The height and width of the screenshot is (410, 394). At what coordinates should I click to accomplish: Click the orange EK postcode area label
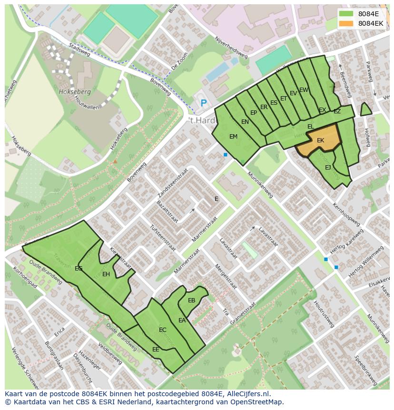[320, 140]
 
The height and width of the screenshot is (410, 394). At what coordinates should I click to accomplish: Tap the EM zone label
[233, 137]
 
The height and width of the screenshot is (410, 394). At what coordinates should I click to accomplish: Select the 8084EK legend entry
[370, 23]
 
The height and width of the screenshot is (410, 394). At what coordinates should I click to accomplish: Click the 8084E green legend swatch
[346, 14]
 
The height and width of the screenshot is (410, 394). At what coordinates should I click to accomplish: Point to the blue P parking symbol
[204, 103]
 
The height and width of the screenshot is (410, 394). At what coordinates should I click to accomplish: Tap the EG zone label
[79, 269]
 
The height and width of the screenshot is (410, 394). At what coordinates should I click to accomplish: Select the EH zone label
[106, 274]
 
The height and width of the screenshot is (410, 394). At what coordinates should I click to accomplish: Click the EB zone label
[191, 300]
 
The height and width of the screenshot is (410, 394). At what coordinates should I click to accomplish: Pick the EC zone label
[163, 330]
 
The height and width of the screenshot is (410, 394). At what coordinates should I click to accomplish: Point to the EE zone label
[156, 350]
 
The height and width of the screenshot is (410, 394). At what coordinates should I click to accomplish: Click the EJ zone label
[328, 168]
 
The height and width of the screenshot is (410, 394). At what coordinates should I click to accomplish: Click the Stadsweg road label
[79, 48]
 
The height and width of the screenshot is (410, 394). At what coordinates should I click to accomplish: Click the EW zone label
[304, 90]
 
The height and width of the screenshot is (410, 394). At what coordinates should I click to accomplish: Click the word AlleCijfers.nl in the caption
[247, 394]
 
